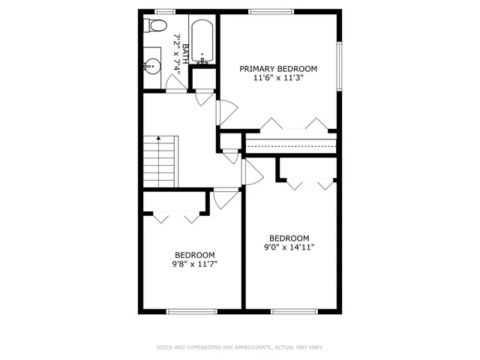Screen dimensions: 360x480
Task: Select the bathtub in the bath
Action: (202, 42)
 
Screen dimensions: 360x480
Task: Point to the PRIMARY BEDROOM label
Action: (278, 69)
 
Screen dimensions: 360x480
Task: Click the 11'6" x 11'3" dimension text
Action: (278, 79)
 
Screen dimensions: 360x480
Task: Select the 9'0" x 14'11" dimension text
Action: (289, 247)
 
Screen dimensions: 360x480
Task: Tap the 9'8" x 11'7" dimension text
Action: (194, 264)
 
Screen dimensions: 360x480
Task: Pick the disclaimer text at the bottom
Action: (240, 347)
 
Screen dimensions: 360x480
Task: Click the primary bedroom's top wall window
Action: (271, 11)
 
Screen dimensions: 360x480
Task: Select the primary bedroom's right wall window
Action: (340, 64)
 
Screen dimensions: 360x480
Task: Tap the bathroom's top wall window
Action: (165, 11)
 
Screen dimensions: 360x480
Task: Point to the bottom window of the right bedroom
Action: (292, 310)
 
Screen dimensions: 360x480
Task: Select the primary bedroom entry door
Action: (223, 112)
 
